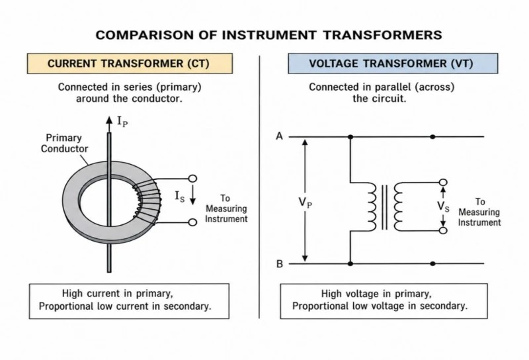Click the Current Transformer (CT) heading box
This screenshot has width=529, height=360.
pyautogui.click(x=130, y=64)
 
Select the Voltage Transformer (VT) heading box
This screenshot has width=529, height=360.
pyautogui.click(x=393, y=64)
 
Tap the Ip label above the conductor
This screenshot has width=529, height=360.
pyautogui.click(x=122, y=121)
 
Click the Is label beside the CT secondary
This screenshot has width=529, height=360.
pyautogui.click(x=179, y=196)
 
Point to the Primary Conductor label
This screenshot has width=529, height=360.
pyautogui.click(x=64, y=143)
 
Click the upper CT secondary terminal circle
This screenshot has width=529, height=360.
pyautogui.click(x=192, y=178)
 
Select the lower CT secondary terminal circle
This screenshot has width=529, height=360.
pyautogui.click(x=192, y=222)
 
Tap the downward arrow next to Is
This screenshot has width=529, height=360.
pyautogui.click(x=192, y=195)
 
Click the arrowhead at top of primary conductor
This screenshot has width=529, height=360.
pyautogui.click(x=108, y=120)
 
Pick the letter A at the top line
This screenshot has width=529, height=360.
pyautogui.click(x=279, y=136)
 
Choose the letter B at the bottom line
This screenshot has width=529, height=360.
pyautogui.click(x=280, y=264)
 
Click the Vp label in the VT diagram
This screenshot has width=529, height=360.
pyautogui.click(x=305, y=202)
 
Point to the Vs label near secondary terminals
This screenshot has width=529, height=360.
pyautogui.click(x=443, y=206)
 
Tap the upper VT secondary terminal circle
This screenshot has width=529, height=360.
pyautogui.click(x=443, y=183)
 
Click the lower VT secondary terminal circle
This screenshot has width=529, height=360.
pyautogui.click(x=443, y=230)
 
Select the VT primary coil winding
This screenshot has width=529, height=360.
pyautogui.click(x=372, y=206)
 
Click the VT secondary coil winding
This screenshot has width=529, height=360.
pyautogui.click(x=398, y=206)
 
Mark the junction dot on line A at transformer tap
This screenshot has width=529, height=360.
pyautogui.click(x=350, y=137)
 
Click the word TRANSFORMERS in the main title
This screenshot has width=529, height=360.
pyautogui.click(x=383, y=35)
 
